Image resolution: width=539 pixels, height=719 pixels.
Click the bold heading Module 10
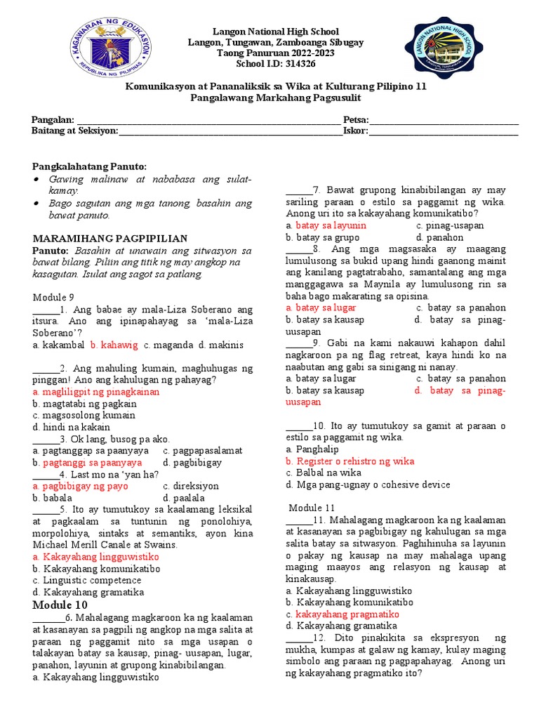click(x=60, y=605)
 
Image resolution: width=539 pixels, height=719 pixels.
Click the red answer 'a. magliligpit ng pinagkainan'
click(x=96, y=392)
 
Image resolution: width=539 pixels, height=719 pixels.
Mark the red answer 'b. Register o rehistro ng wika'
click(x=350, y=461)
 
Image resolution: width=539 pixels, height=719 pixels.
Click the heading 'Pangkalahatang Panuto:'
click(x=91, y=166)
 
